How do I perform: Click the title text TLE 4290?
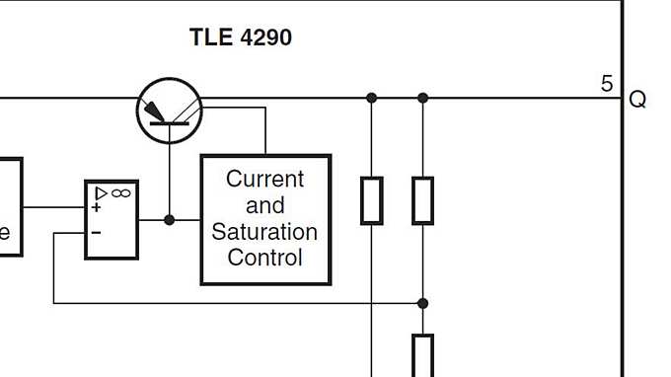pyautogui.click(x=240, y=38)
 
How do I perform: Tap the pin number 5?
pyautogui.click(x=607, y=84)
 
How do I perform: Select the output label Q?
pyautogui.click(x=637, y=100)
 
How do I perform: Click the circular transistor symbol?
pyautogui.click(x=169, y=110)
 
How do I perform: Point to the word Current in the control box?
pyautogui.click(x=264, y=180)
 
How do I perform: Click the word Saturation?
pyautogui.click(x=264, y=233)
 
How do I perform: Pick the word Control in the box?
pyautogui.click(x=264, y=259)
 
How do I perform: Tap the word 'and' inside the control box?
pyautogui.click(x=264, y=206)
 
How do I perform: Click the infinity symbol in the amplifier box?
pyautogui.click(x=121, y=192)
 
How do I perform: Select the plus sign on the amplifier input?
pyautogui.click(x=97, y=207)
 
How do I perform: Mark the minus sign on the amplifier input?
pyautogui.click(x=97, y=232)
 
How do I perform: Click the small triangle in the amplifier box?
pyautogui.click(x=101, y=192)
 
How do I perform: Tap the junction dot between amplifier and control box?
pyautogui.click(x=169, y=220)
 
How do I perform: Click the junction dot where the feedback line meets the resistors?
pyautogui.click(x=422, y=303)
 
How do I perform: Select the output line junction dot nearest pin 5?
pyautogui.click(x=422, y=98)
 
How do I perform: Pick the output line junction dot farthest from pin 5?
pyautogui.click(x=371, y=98)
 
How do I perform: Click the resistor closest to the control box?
pyautogui.click(x=371, y=200)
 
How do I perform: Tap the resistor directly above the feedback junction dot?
pyautogui.click(x=422, y=200)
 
